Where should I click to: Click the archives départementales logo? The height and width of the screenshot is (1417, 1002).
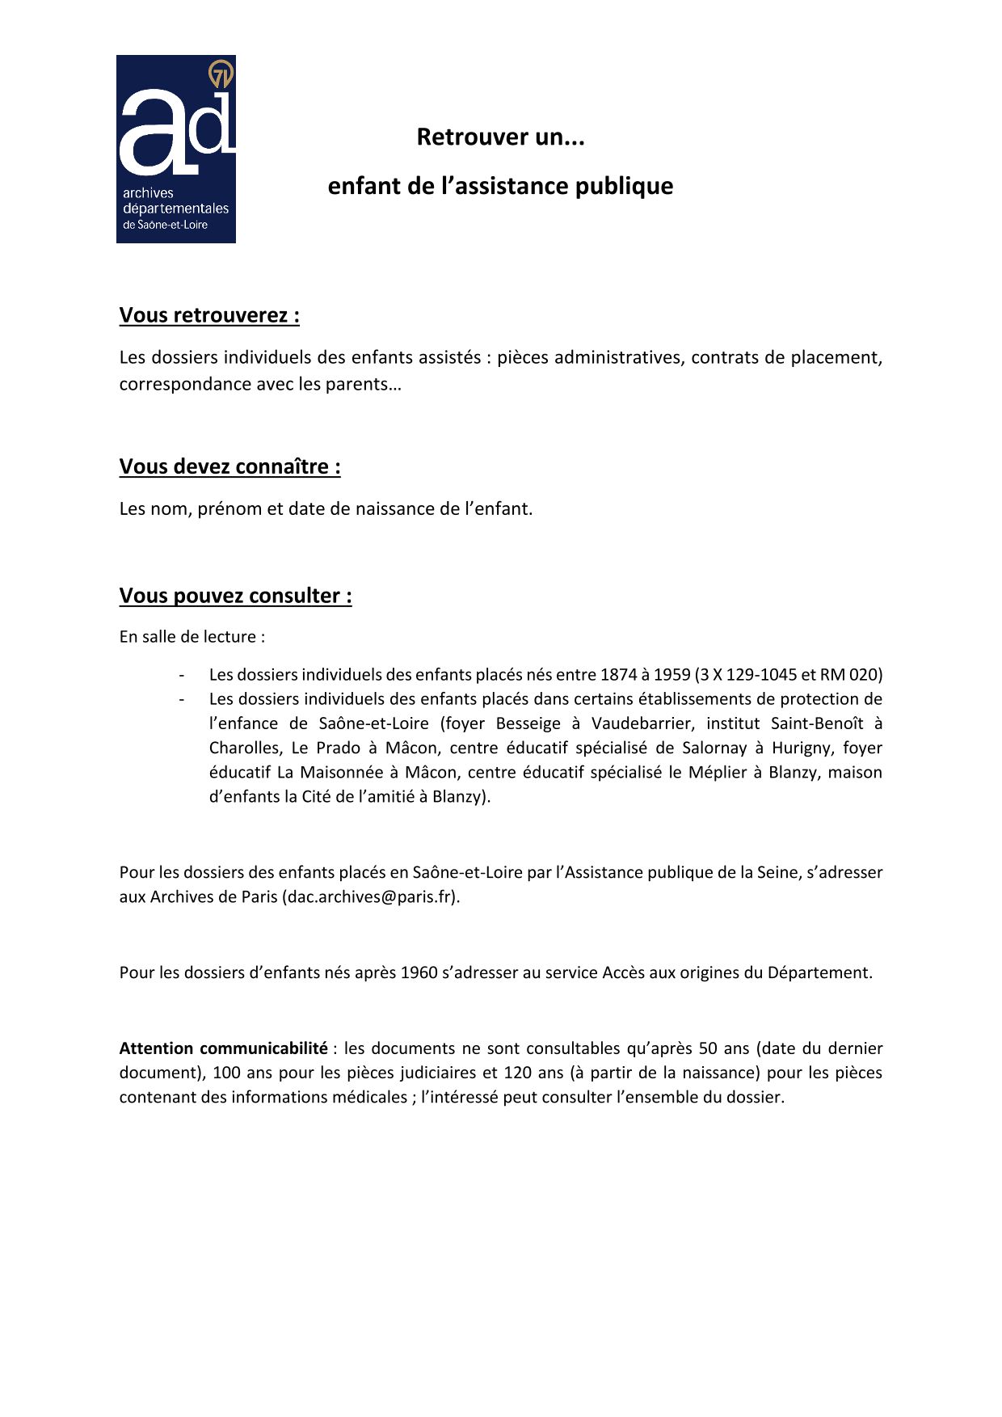(x=176, y=150)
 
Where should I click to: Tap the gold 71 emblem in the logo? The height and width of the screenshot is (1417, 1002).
(x=221, y=74)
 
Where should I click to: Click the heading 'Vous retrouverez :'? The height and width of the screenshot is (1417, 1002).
(x=209, y=314)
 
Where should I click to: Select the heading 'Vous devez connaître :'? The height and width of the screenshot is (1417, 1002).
(x=229, y=466)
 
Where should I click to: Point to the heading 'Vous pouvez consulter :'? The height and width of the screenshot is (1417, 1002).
(x=235, y=596)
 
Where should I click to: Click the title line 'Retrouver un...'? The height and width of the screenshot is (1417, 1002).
(x=500, y=137)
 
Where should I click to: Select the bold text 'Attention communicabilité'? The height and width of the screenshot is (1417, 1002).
(x=223, y=1048)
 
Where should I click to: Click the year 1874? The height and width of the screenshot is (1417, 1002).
(x=618, y=674)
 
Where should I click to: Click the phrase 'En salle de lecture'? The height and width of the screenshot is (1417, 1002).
(x=187, y=637)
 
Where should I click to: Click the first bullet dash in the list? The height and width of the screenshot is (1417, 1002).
(x=182, y=674)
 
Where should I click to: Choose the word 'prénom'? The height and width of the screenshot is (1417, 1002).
(x=229, y=509)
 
